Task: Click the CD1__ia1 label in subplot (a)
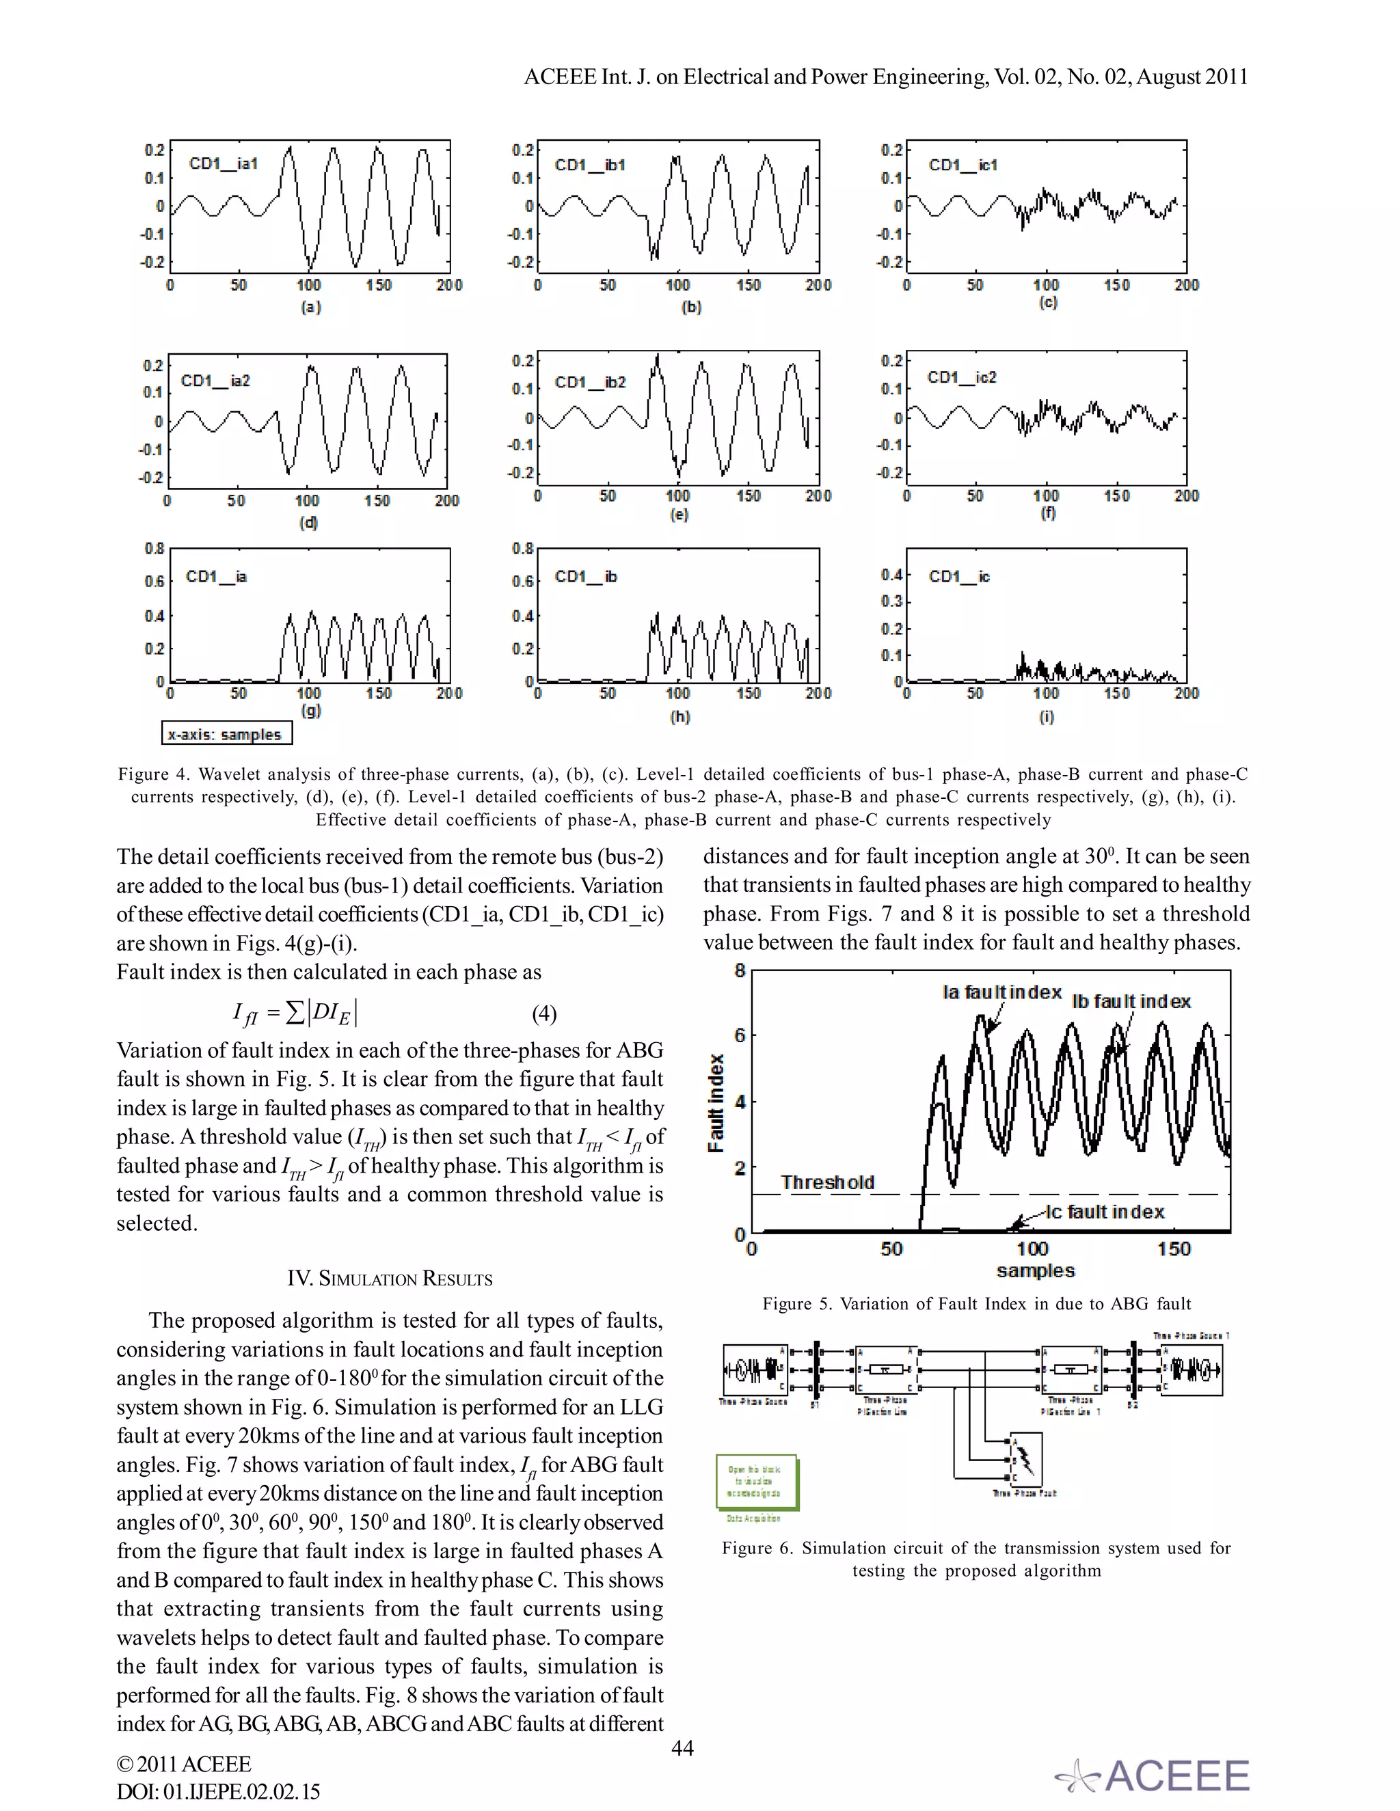[223, 163]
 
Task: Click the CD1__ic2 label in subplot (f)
[961, 377]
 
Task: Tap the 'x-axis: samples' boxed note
[226, 734]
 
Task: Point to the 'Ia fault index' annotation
[1002, 992]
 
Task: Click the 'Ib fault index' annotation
[1131, 1002]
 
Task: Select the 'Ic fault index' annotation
[1105, 1212]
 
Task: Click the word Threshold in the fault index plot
[827, 1182]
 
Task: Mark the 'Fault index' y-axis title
[716, 1102]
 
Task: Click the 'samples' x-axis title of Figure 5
[1035, 1270]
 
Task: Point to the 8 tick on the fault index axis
[740, 971]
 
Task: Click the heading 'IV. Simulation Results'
[390, 1279]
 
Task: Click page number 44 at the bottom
[682, 1748]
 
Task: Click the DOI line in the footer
[217, 1791]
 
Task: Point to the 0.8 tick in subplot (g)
[154, 549]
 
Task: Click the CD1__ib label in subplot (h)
[586, 576]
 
